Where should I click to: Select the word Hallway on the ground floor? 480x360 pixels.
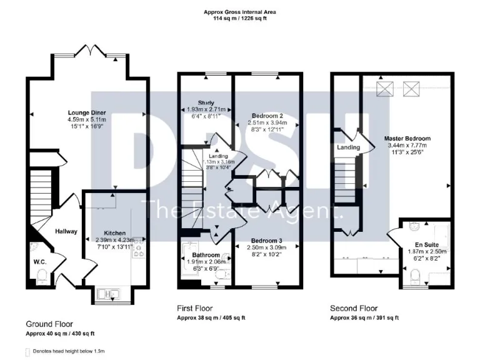[66, 231]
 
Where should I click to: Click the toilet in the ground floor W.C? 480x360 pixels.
[42, 275]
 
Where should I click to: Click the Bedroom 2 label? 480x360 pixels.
[268, 116]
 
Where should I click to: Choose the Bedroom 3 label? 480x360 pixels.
[267, 241]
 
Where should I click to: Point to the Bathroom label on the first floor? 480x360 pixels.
[206, 255]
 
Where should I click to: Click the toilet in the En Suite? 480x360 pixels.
[416, 274]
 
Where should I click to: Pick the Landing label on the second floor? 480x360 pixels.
[348, 147]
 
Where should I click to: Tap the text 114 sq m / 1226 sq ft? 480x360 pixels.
[239, 19]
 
